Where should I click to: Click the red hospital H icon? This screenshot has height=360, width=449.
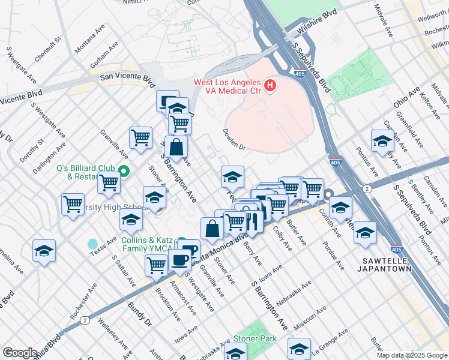[270, 86]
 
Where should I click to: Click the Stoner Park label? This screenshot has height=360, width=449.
[255, 339]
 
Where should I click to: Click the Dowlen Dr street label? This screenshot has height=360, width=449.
[235, 138]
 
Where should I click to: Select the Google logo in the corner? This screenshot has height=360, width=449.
[19, 353]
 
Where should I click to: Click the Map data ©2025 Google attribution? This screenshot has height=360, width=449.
[411, 355]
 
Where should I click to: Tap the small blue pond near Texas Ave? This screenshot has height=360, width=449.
[92, 244]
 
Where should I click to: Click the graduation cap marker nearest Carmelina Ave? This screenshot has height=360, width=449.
[44, 251]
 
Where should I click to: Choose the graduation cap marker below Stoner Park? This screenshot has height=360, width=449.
[299, 348]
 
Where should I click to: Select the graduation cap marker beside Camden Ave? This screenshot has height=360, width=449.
[382, 141]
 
